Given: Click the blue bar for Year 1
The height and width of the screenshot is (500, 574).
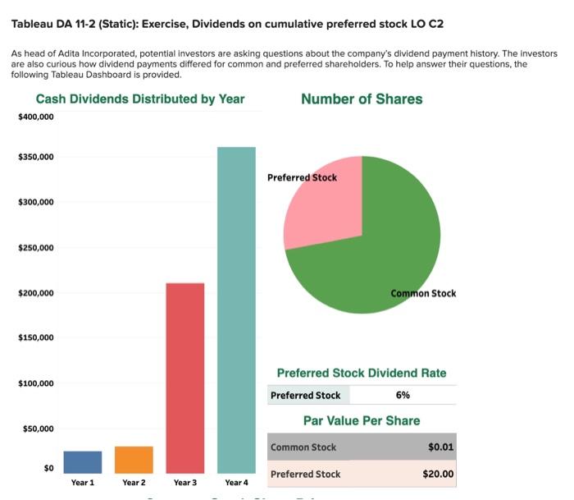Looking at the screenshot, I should [x=83, y=462].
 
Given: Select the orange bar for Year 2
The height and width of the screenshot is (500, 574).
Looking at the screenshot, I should [x=134, y=460].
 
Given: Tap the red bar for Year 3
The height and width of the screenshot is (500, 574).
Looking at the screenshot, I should [x=185, y=378].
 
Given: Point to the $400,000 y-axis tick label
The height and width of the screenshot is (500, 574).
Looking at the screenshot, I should [x=36, y=117].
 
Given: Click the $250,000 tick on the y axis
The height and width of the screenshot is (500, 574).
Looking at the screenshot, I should [x=36, y=247].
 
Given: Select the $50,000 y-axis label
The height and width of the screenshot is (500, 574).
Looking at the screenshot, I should [x=39, y=429].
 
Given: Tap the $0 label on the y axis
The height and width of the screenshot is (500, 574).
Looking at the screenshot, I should [x=47, y=468].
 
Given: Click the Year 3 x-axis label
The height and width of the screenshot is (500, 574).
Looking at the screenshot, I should [x=185, y=483].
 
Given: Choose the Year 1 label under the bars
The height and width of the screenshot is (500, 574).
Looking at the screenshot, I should [x=83, y=483].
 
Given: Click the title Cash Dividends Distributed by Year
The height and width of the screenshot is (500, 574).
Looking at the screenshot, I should [x=140, y=99].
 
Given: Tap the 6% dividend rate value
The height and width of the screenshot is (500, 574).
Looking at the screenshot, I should [x=403, y=395].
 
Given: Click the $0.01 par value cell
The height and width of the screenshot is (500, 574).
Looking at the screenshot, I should [x=441, y=447].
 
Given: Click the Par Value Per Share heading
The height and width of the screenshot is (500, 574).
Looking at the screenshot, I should [x=362, y=420].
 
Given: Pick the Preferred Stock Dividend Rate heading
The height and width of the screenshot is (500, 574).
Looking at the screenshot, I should [x=362, y=373].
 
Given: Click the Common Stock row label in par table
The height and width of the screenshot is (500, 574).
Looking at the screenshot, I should [x=303, y=447].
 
